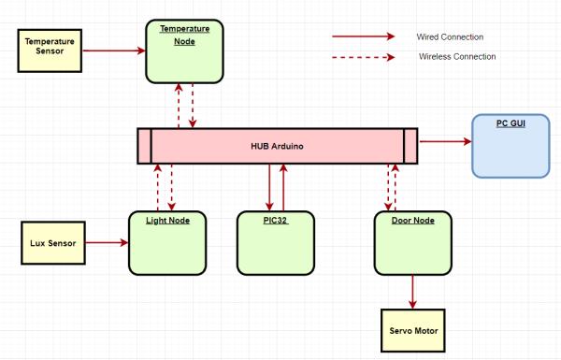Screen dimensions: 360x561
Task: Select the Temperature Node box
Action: click(184, 51)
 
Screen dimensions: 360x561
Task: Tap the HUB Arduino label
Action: click(276, 146)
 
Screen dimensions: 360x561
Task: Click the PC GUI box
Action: click(510, 146)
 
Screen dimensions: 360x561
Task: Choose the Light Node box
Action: click(167, 242)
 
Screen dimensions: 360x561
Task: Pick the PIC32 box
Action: click(276, 242)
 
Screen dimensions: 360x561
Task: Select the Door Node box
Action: click(412, 242)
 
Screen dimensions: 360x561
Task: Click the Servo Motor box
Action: click(412, 332)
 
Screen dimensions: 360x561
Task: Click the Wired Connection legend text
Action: click(450, 36)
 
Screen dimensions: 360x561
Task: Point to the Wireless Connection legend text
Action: click(456, 56)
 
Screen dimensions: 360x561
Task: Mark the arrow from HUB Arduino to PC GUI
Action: click(444, 142)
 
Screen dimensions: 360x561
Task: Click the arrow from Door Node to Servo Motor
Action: click(412, 292)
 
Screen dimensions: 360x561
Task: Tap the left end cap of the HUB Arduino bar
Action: click(143, 146)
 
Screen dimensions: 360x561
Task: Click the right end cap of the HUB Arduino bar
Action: click(410, 146)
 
